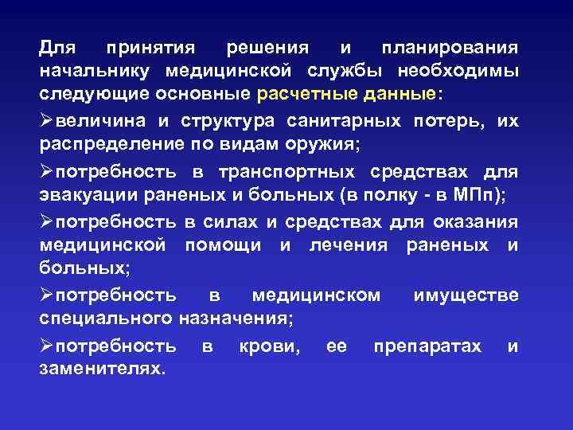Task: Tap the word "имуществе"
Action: (466, 296)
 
